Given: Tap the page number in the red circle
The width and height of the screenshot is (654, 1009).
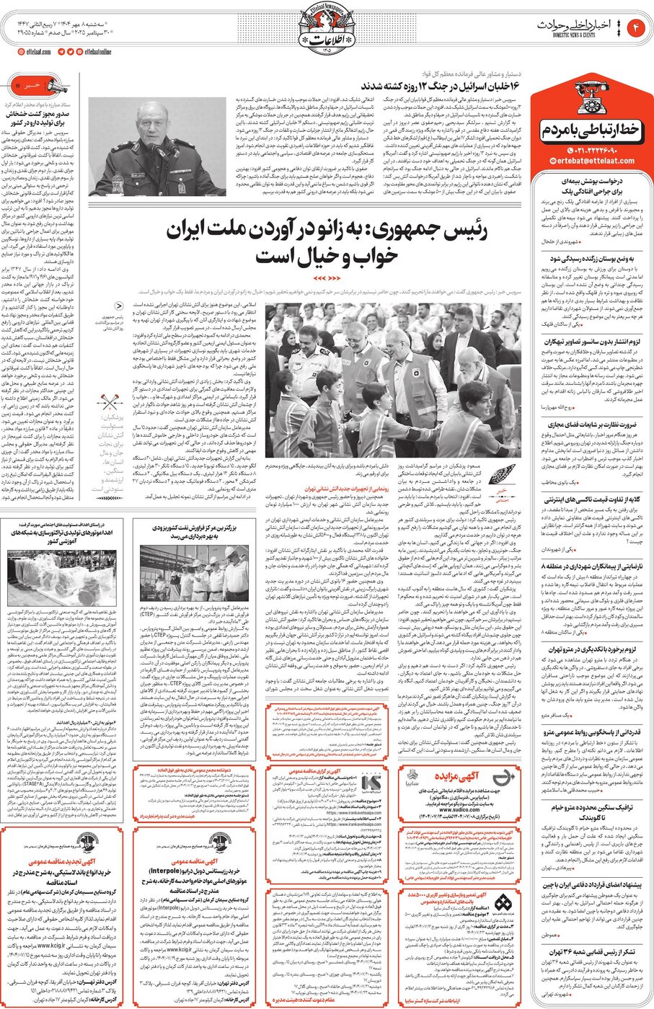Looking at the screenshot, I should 636,28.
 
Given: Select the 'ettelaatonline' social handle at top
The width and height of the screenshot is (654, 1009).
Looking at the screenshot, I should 97,52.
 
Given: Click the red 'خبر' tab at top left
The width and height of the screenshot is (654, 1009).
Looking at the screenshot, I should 34,85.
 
